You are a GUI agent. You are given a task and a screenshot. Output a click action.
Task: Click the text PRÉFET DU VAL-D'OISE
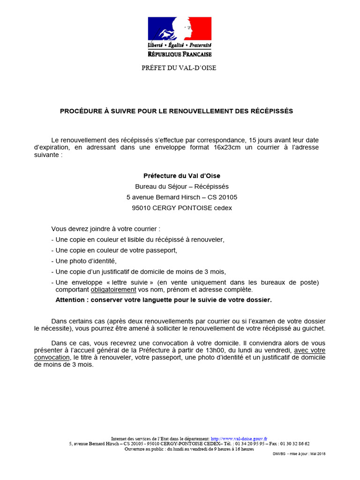pos(179,68)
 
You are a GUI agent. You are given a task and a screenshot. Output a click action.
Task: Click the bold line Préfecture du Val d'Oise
pos(181,176)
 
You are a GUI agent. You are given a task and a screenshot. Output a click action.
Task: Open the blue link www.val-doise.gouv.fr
pos(239,438)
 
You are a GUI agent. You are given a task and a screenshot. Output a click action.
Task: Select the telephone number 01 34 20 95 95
pos(250,443)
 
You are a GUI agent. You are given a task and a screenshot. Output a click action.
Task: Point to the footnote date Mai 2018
pos(318,454)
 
